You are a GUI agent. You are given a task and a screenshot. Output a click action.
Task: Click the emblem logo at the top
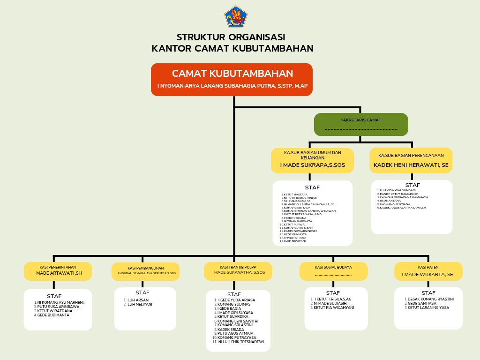pos(235,16)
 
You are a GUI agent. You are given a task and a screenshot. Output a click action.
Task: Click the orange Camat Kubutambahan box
pos(232,80)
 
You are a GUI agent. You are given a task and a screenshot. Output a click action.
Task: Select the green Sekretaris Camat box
pos(361,124)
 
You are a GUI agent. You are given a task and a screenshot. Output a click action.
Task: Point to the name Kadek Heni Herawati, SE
pos(411,165)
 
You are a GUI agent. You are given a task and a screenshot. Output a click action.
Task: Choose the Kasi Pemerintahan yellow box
pos(58,270)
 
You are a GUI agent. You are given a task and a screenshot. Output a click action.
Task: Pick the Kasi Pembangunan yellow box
pos(145,270)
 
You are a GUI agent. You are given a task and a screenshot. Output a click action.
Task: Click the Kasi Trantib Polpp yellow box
pos(238,270)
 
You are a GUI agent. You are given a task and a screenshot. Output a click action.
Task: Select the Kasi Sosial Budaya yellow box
pos(333,270)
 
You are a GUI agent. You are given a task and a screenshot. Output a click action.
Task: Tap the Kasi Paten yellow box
pos(428,270)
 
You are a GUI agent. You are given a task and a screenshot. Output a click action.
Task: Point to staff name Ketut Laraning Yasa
pos(428,307)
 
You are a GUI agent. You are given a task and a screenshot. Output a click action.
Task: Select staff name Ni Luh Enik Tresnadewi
pos(240,342)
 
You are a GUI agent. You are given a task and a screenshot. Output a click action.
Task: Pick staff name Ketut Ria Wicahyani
pos(334,307)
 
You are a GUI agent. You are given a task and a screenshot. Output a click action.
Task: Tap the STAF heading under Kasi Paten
pos(428,293)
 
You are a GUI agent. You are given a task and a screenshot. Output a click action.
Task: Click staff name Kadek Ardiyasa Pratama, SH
pos(403,207)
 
